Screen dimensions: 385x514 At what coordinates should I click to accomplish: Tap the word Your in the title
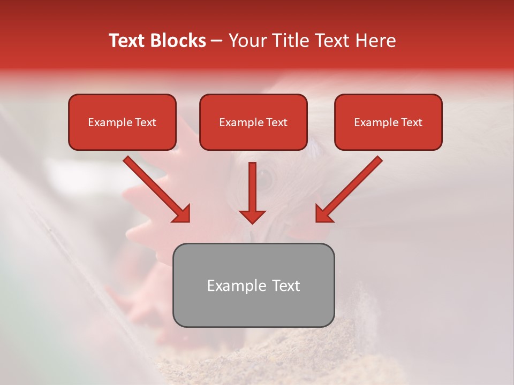247,41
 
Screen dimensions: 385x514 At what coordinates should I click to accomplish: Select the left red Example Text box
122,122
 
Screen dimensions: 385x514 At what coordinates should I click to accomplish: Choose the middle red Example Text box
253,122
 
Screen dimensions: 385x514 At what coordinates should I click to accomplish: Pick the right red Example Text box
388,122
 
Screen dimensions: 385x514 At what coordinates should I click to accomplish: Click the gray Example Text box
253,285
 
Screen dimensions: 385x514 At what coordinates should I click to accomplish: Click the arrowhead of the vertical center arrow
252,216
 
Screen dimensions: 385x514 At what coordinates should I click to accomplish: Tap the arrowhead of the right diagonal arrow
324,213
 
